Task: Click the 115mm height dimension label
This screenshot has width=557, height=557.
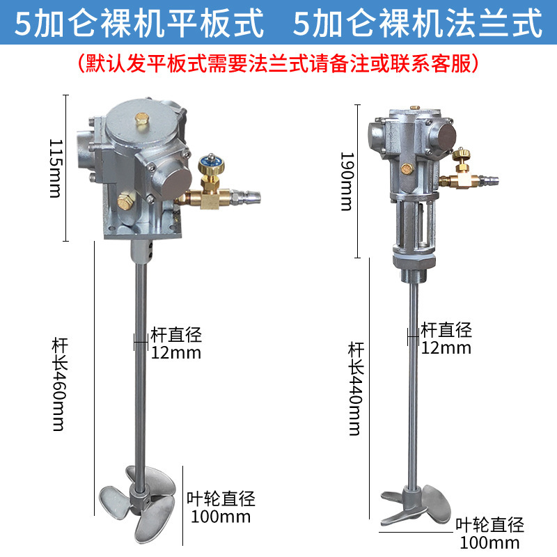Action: [x=55, y=167]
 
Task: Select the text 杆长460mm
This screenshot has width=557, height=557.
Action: [x=58, y=384]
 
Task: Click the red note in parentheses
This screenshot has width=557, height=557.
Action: [x=278, y=63]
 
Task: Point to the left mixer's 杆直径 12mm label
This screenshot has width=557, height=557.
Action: [x=176, y=343]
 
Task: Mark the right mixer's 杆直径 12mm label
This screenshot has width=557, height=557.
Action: [x=446, y=338]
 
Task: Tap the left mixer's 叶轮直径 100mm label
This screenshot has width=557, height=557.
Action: [x=221, y=508]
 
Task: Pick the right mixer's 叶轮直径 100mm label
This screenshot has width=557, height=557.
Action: [x=489, y=533]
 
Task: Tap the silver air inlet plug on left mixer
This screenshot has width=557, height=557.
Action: [x=248, y=198]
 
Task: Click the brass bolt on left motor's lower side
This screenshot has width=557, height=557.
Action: [x=125, y=203]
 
